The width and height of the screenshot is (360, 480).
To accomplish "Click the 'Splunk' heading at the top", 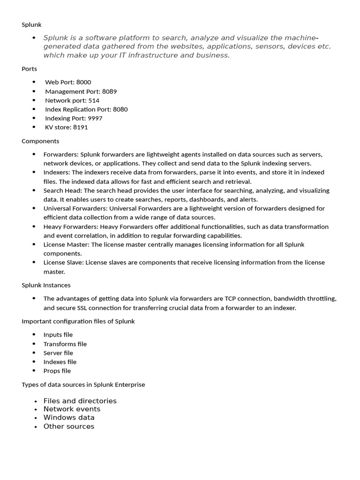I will [31, 24].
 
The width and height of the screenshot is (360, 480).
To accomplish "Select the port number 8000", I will [83, 82].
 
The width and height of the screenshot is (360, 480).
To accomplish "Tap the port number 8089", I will [109, 91].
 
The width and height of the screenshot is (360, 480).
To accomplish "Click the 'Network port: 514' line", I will [72, 100].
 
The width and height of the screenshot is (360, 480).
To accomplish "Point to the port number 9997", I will [95, 118].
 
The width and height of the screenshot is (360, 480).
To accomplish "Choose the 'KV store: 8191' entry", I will [66, 127].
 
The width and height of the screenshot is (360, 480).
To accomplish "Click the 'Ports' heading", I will [29, 69].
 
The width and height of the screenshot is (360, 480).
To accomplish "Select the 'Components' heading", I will [40, 141].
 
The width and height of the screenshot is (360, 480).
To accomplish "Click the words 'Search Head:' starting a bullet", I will [62, 191].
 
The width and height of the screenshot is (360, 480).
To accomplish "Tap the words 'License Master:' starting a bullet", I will [67, 245].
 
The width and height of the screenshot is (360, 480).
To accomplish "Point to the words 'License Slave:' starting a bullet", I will [64, 262].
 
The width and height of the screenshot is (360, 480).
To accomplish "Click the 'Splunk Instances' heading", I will [46, 285].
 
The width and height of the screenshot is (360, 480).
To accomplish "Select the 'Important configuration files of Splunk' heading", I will [78, 321].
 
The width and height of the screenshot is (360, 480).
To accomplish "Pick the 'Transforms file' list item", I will [65, 344].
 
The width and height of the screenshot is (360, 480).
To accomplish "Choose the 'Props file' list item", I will [57, 371].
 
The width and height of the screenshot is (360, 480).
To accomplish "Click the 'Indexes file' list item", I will [60, 362].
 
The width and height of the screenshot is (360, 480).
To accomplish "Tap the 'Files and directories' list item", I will [80, 401].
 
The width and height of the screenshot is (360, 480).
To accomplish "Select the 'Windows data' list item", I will [69, 418].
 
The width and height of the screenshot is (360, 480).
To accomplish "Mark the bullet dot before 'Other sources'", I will [36, 427].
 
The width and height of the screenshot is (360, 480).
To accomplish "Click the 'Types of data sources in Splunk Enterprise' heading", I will [83, 384].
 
